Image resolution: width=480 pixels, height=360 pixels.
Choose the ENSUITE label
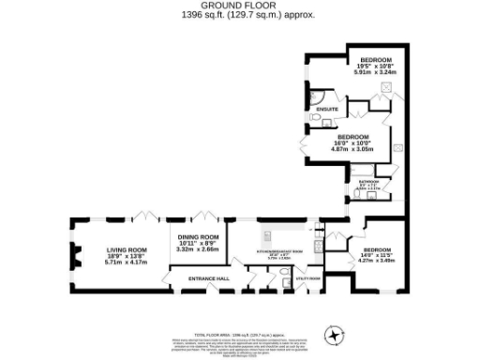327,110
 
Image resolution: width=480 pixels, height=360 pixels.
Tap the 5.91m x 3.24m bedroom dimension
368,71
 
